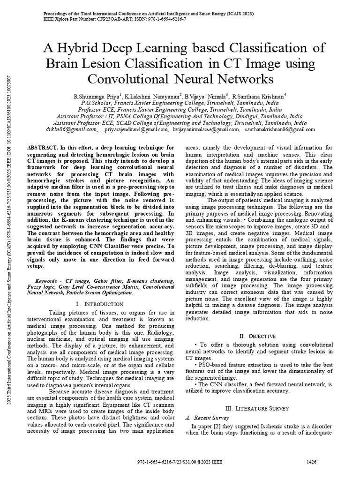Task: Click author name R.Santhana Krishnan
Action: [262, 96]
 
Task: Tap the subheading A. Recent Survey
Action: [207, 418]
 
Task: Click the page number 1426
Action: [312, 462]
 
